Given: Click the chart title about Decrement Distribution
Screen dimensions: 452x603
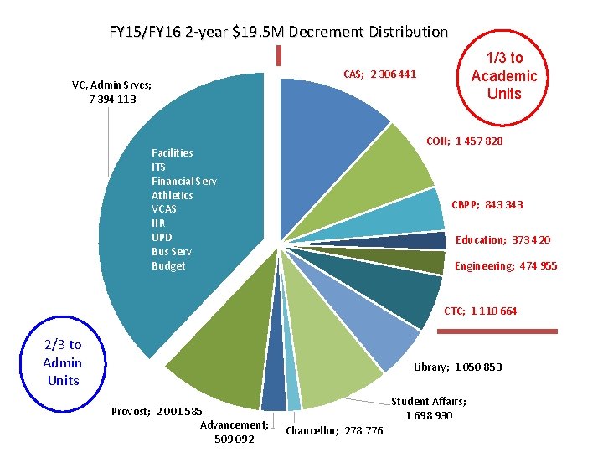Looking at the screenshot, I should (x=278, y=33).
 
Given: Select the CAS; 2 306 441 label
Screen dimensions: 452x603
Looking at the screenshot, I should (x=380, y=75).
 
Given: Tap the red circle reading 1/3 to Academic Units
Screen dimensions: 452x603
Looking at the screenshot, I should (x=503, y=75).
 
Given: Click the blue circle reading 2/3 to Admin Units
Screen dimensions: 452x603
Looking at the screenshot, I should (x=63, y=362).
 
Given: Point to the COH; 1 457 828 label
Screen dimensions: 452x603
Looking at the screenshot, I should (x=464, y=141).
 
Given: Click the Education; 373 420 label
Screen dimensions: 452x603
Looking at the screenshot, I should (x=502, y=240).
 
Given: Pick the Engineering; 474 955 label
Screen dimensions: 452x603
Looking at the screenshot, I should (x=505, y=266).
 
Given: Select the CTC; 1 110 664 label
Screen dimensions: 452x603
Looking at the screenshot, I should (x=480, y=311).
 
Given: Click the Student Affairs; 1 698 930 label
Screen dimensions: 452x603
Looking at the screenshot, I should (x=429, y=408).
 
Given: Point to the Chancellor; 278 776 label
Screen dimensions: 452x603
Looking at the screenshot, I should (x=334, y=431).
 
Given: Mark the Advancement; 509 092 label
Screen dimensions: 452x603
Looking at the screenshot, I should (x=234, y=431).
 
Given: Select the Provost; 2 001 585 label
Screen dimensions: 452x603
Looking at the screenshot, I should (x=157, y=411).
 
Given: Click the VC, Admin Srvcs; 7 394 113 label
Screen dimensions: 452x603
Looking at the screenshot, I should (x=112, y=92).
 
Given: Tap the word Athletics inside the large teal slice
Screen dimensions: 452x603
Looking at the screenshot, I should (x=172, y=195).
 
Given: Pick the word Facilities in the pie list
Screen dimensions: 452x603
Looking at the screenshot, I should (x=172, y=152).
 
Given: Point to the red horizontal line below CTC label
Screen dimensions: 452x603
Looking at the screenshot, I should (x=497, y=331).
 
